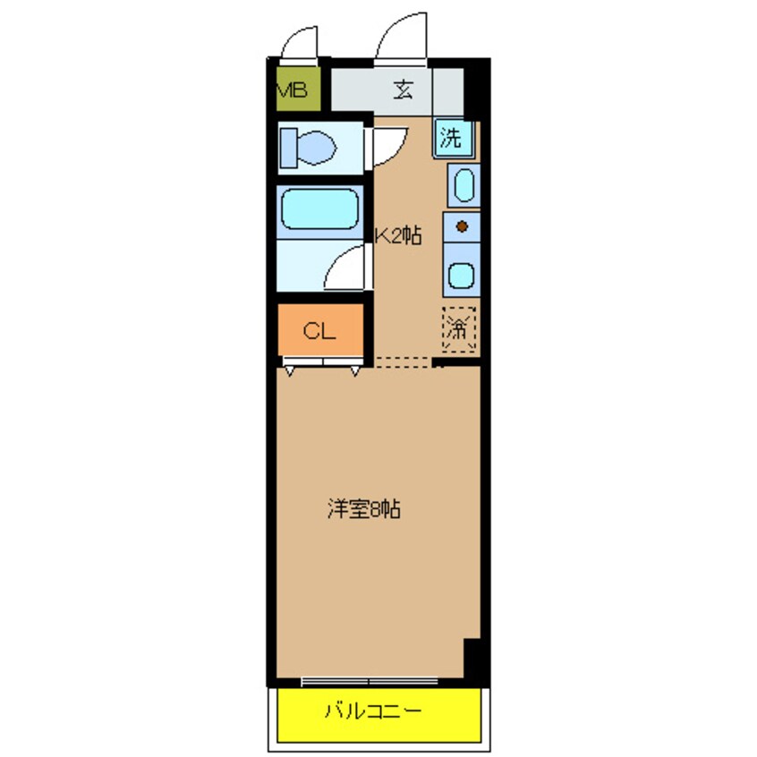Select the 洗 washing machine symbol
tap(452, 138)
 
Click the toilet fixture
tap(306, 147)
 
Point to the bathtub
tap(319, 211)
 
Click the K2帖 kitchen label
tap(397, 236)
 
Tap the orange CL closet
tap(319, 331)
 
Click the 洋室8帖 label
tap(362, 511)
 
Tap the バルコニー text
tap(372, 712)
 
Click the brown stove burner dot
tap(462, 226)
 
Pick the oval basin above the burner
tap(463, 187)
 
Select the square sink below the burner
tap(462, 275)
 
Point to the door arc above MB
tap(301, 40)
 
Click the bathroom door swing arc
tap(347, 266)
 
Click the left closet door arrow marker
tap(290, 370)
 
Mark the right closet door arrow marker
tap(355, 370)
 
